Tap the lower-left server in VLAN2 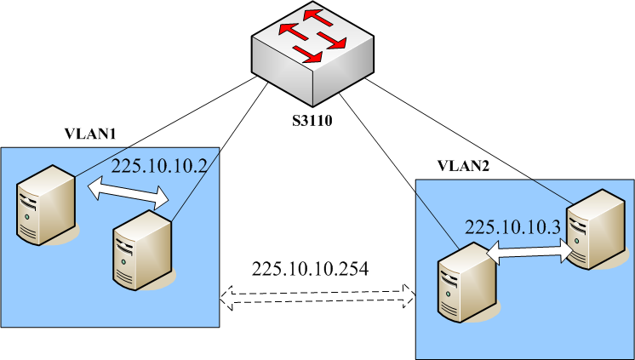460,280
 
